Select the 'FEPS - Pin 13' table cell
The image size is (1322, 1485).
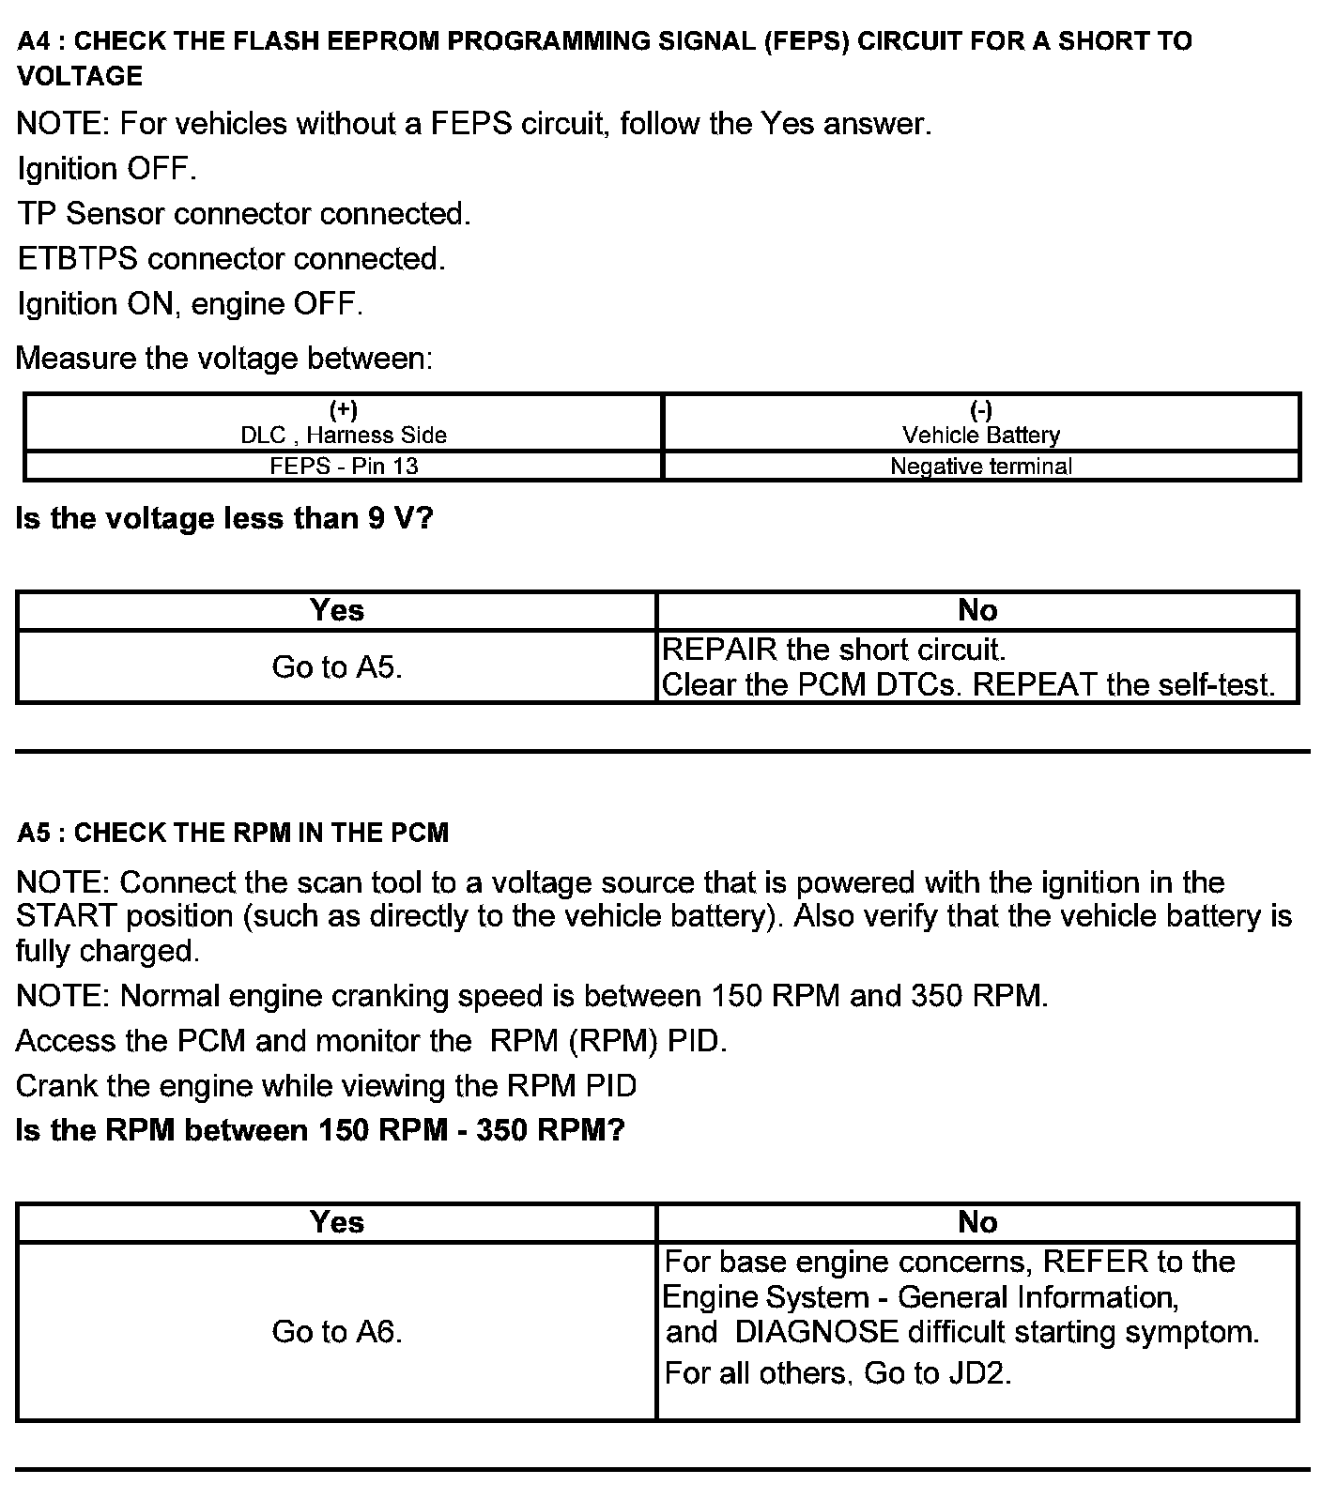tap(344, 466)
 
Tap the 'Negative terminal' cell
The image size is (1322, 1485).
tap(981, 466)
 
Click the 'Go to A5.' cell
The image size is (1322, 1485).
tap(337, 667)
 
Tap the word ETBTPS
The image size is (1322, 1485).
tap(78, 259)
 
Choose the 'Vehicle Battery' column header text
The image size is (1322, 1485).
tap(981, 435)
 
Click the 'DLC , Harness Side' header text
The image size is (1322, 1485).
tap(344, 435)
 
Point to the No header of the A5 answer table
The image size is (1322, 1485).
tap(977, 1221)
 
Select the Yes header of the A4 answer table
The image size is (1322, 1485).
tap(337, 610)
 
